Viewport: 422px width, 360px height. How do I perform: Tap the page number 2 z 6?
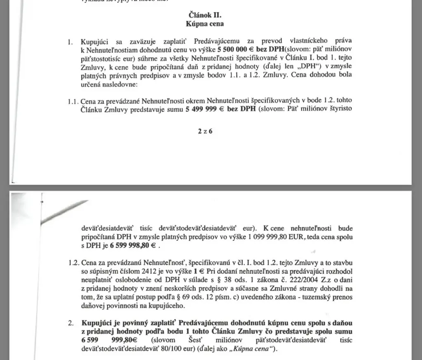(x=204, y=132)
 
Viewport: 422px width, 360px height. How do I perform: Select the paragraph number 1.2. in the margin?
(x=74, y=262)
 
